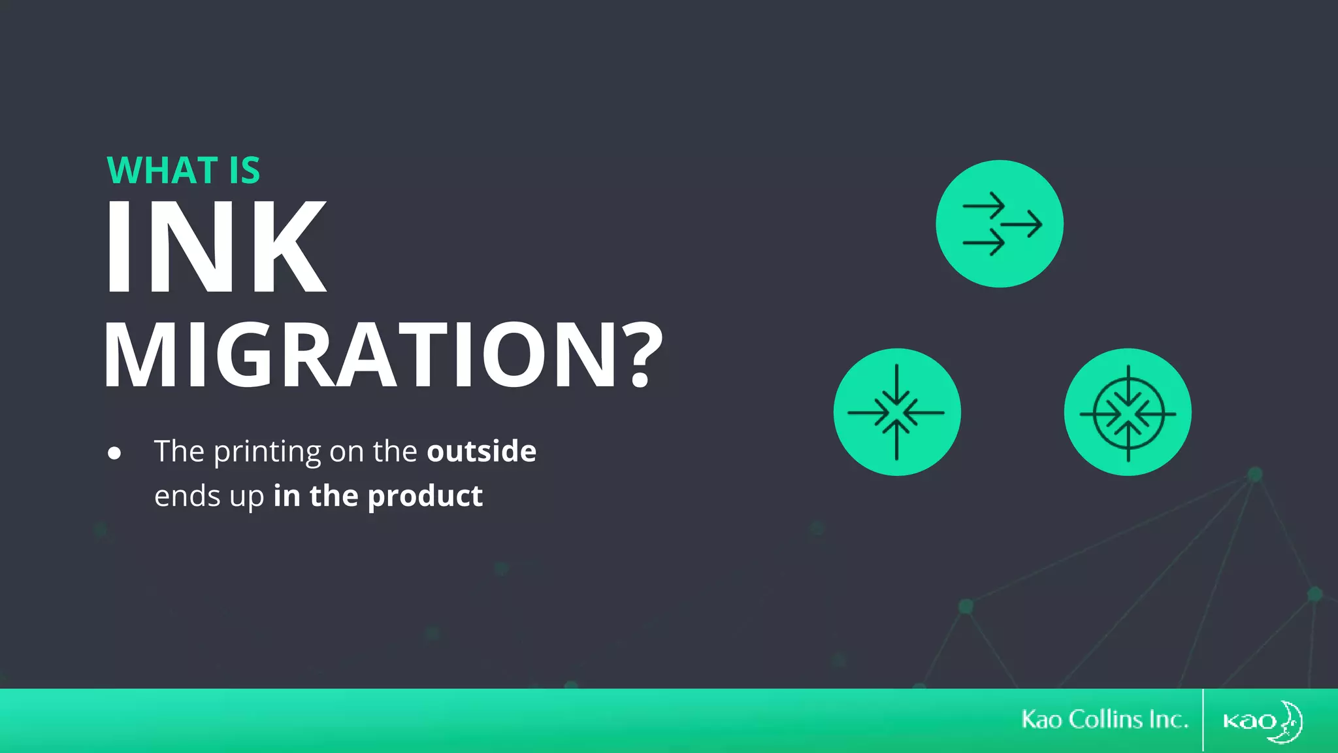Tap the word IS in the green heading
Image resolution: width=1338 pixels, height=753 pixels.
pos(244,171)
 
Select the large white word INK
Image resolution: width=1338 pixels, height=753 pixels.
pos(216,246)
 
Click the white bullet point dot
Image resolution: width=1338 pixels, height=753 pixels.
pos(114,453)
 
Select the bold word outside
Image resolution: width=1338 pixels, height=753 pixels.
pos(481,451)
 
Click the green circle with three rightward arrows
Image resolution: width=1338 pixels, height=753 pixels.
pos(1000,224)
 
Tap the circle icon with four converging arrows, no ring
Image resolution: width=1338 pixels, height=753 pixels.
pos(897,412)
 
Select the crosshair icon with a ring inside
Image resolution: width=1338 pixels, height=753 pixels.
pos(1128,412)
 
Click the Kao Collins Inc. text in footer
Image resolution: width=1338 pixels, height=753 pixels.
pos(1105,720)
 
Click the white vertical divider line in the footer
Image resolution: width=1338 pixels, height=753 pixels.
pos(1203,720)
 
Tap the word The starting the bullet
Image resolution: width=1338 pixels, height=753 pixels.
pos(179,451)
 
